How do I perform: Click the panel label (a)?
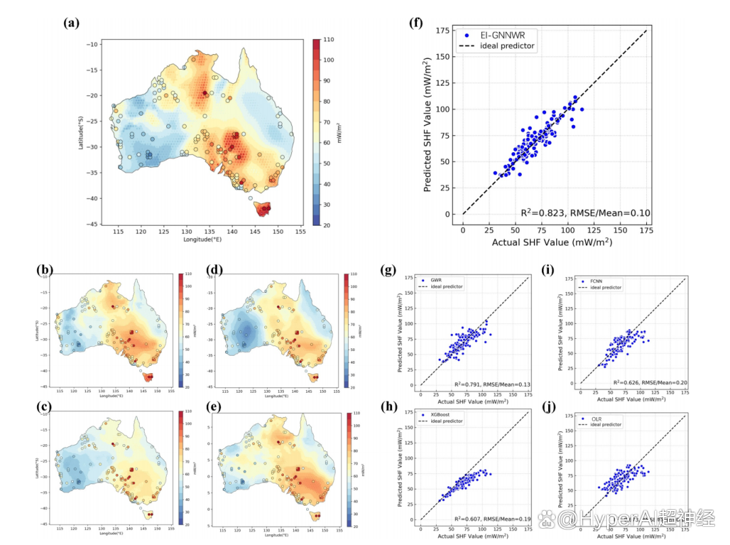tap(72, 22)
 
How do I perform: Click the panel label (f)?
tap(417, 22)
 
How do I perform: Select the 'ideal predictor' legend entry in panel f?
tap(507, 46)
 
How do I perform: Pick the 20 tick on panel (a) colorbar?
tap(327, 224)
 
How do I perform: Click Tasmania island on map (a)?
tap(261, 209)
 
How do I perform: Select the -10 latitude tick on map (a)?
tap(94, 44)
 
